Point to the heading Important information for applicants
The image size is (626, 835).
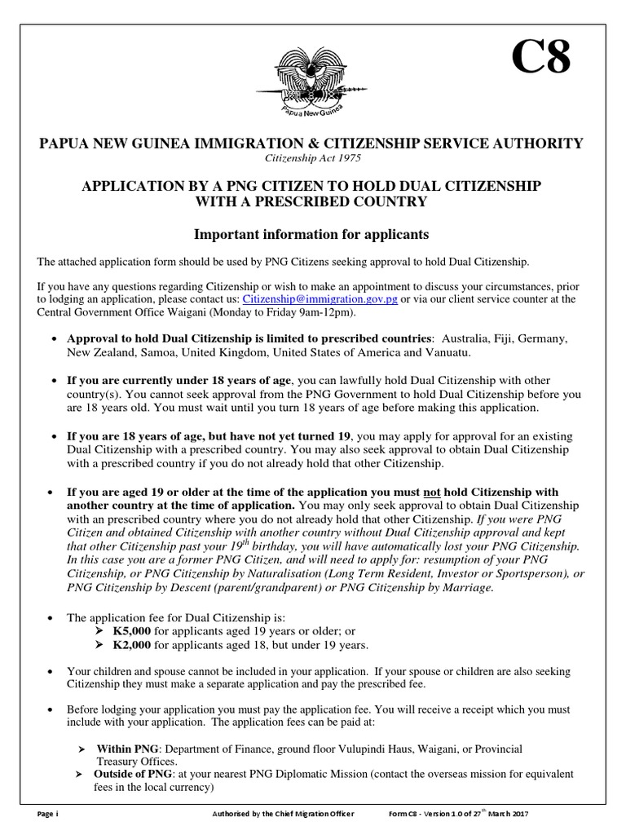tap(311, 235)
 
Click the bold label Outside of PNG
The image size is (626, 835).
tap(133, 773)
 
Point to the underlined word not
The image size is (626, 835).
tap(430, 492)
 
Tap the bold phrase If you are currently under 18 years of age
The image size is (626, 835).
tap(179, 381)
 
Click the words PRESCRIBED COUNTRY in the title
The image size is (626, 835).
tap(347, 201)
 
